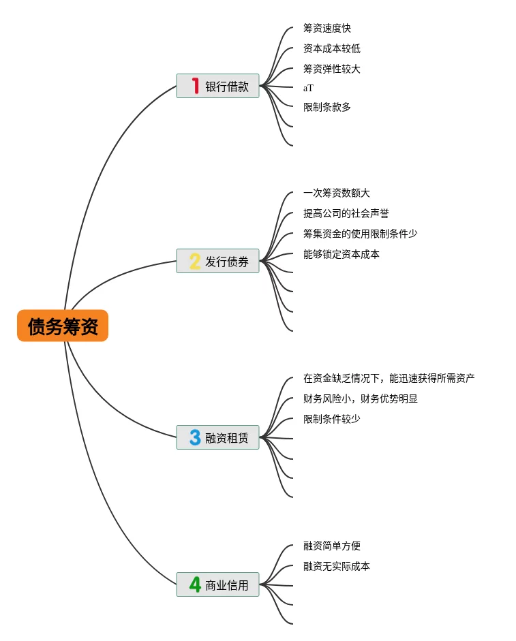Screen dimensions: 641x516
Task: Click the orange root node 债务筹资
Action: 63,326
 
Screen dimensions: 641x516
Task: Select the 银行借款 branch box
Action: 217,86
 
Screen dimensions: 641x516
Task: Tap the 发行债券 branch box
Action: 217,261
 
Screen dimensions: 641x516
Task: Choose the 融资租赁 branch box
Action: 217,437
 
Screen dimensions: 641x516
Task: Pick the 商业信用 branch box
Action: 217,584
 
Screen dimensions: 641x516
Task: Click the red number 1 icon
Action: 195,86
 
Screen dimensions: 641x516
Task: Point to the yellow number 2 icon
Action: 195,261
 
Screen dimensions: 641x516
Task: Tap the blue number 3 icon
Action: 195,437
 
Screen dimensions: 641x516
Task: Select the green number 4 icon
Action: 195,584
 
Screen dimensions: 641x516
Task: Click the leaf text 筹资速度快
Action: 327,29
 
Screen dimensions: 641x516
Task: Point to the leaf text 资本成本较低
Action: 332,48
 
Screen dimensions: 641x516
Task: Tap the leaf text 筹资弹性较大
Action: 332,69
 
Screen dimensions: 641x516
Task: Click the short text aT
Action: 308,88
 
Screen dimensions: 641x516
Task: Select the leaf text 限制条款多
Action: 327,107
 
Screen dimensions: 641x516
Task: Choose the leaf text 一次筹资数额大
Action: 337,193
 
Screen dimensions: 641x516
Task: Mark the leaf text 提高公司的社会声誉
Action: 346,214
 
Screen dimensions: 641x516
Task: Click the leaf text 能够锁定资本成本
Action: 342,254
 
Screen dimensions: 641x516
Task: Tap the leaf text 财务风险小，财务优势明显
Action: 361,398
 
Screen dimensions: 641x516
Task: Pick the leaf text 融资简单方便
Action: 332,546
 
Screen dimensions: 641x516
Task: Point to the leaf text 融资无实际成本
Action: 337,566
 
